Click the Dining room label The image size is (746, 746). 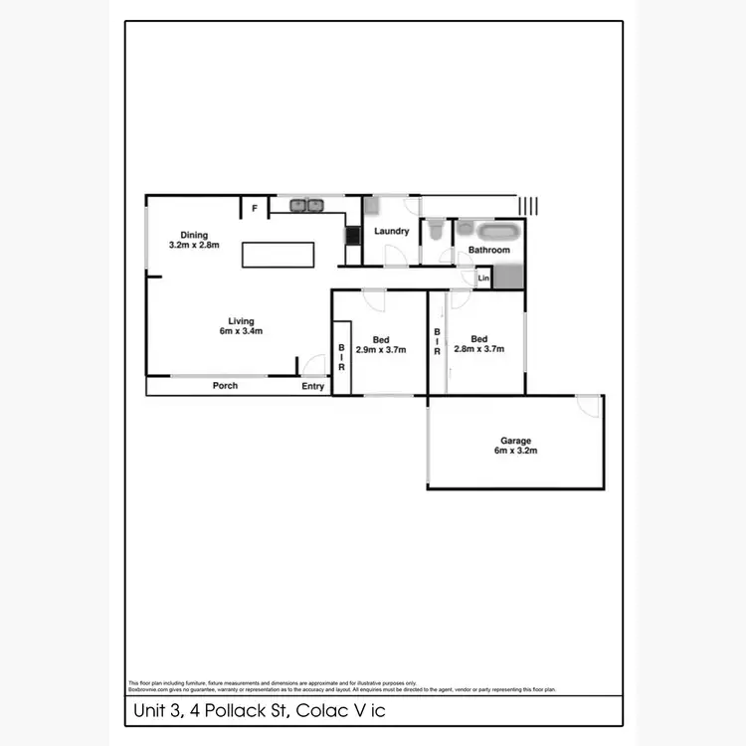(x=194, y=235)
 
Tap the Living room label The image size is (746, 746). (x=241, y=321)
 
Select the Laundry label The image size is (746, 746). (x=392, y=232)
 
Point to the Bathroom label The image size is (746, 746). (x=489, y=250)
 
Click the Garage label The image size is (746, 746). (x=515, y=441)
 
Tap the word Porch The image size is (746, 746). (x=226, y=386)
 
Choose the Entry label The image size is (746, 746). (x=313, y=386)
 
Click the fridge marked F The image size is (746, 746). (x=255, y=208)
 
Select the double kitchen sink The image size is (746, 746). (x=307, y=206)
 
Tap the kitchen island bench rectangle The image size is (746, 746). (x=278, y=254)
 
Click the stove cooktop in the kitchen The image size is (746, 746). (x=353, y=236)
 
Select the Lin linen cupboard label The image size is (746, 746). (x=484, y=279)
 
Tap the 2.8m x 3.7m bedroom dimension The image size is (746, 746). (x=479, y=349)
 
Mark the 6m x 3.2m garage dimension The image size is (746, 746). (x=515, y=451)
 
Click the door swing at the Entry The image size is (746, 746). (x=314, y=365)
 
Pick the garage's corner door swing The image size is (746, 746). (x=590, y=406)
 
